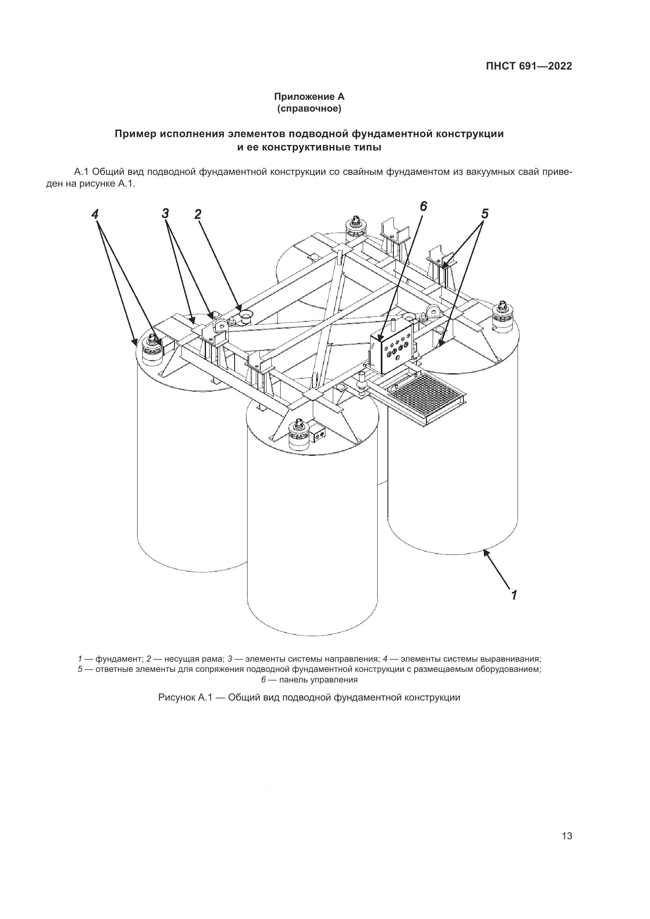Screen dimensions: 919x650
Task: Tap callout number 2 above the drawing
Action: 197,215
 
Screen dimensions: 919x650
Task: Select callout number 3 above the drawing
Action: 166,213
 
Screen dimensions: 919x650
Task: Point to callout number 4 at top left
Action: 94,215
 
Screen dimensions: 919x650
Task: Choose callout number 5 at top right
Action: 485,214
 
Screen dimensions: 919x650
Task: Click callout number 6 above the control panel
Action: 424,207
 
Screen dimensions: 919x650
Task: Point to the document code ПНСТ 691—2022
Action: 529,66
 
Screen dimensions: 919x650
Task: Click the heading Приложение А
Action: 309,97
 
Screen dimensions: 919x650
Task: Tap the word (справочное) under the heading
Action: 309,109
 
